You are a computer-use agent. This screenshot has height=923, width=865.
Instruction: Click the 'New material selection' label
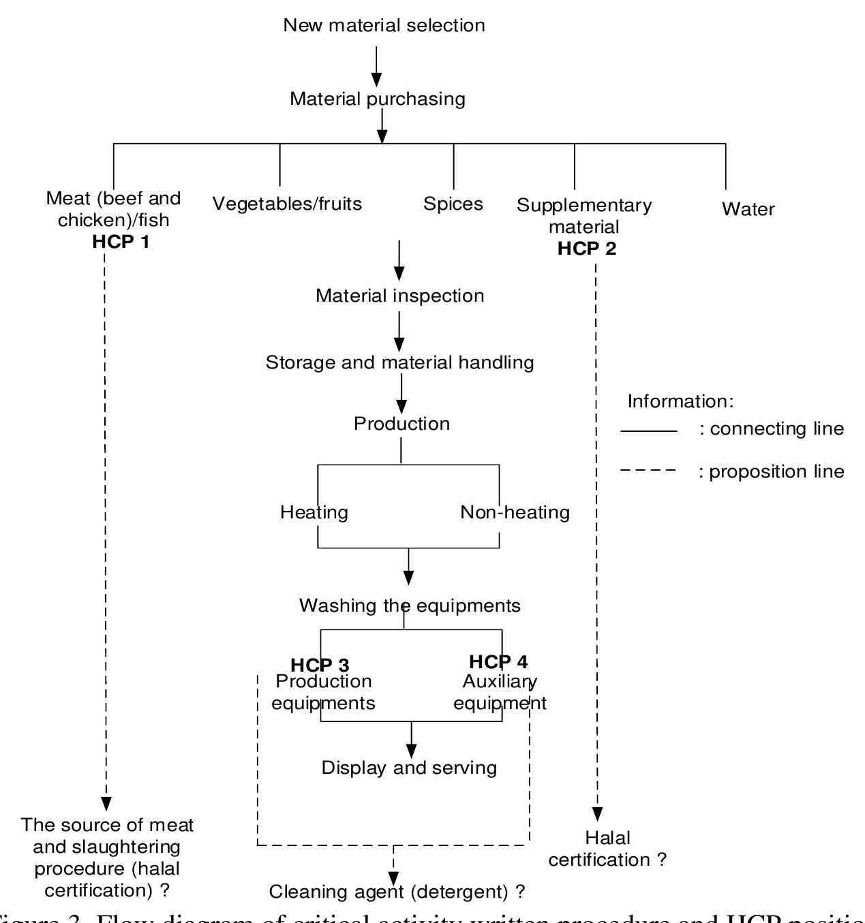pyautogui.click(x=384, y=25)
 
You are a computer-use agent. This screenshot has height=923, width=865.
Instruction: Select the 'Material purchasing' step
pyautogui.click(x=378, y=99)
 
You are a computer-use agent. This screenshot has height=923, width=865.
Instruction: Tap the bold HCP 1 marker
pyautogui.click(x=121, y=242)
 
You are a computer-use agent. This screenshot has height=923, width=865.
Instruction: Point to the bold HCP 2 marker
pyautogui.click(x=587, y=249)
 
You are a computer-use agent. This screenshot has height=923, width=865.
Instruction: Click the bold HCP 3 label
pyautogui.click(x=320, y=665)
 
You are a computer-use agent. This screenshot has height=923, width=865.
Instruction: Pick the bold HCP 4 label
pyautogui.click(x=498, y=661)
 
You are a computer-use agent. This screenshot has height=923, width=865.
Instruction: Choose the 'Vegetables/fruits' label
pyautogui.click(x=287, y=204)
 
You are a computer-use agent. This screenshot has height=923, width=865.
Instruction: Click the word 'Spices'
pyautogui.click(x=453, y=204)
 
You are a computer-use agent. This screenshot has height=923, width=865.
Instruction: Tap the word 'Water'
pyautogui.click(x=748, y=209)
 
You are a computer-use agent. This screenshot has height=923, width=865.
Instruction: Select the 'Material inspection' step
pyautogui.click(x=400, y=296)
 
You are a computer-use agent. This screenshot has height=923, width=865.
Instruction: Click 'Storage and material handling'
pyautogui.click(x=400, y=362)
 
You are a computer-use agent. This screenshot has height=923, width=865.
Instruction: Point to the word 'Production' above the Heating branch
pyautogui.click(x=401, y=424)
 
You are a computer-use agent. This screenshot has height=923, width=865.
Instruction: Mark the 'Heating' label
pyautogui.click(x=314, y=512)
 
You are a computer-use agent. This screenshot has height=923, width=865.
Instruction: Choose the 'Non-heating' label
pyautogui.click(x=515, y=512)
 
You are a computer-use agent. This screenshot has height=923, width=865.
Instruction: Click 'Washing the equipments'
pyautogui.click(x=410, y=606)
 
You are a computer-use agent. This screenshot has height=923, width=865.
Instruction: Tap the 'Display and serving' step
pyautogui.click(x=409, y=768)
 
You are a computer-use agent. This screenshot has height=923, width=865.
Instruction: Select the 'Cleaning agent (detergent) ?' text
pyautogui.click(x=397, y=892)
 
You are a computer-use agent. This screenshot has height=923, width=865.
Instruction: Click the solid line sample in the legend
pyautogui.click(x=649, y=431)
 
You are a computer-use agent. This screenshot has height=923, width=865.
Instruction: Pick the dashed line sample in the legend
pyautogui.click(x=649, y=471)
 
